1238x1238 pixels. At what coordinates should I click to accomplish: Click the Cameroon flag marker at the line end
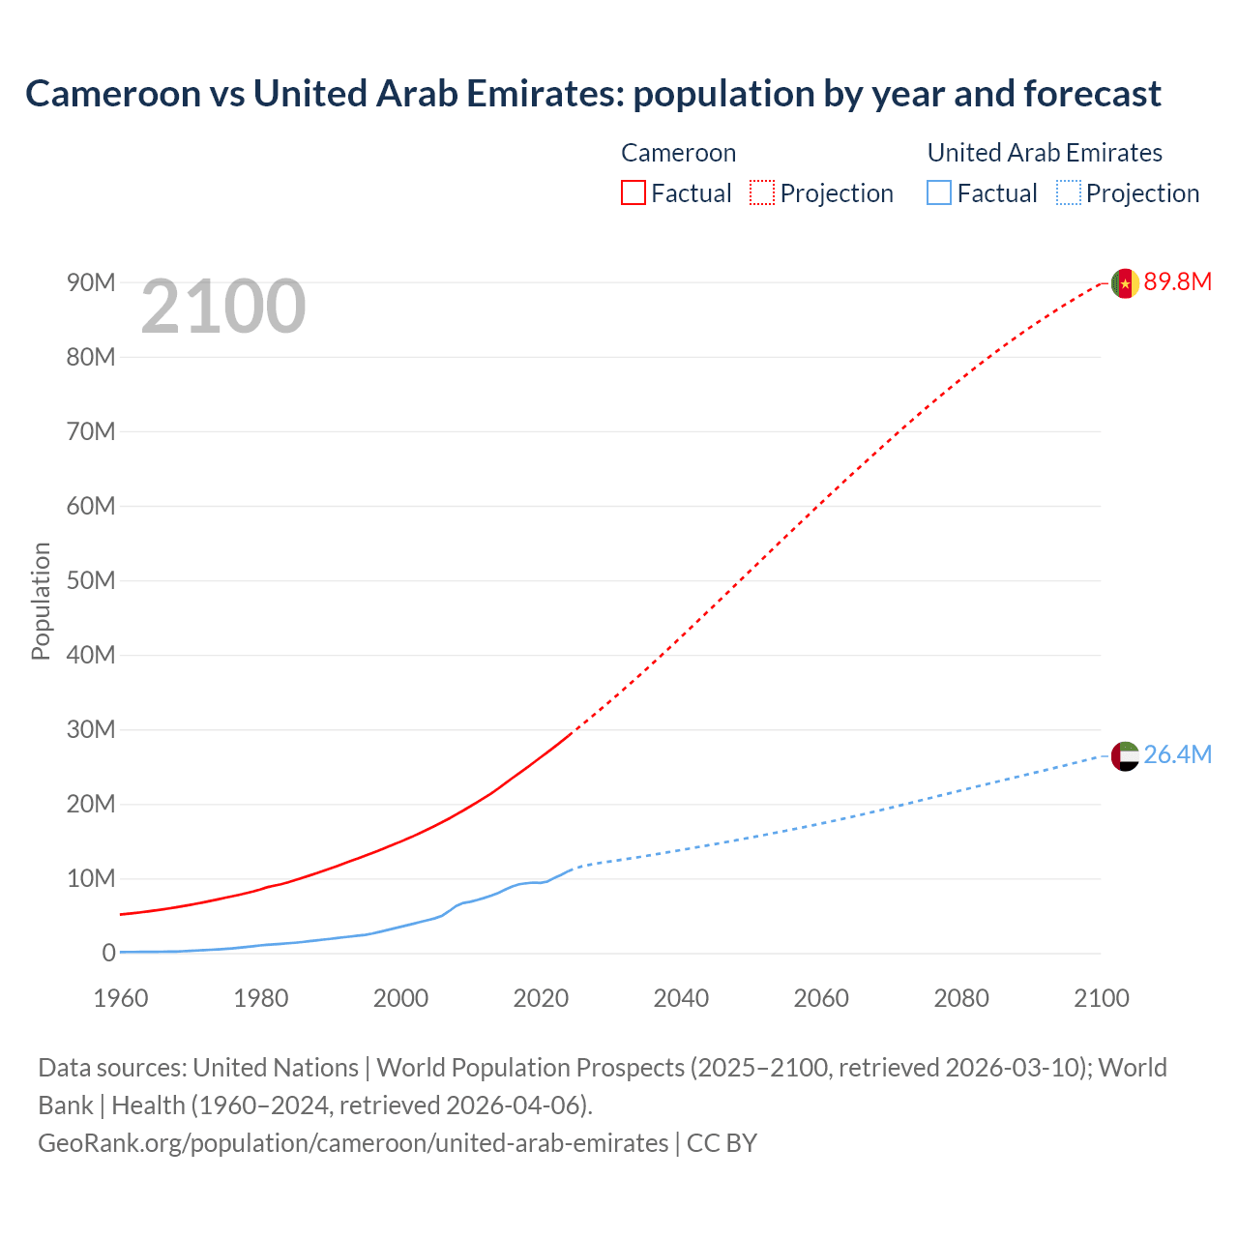pos(1125,283)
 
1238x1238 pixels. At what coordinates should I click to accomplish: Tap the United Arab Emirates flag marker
pos(1125,756)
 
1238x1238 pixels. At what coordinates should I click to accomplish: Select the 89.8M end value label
pos(1177,282)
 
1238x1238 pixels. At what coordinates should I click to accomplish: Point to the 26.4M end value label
pos(1177,755)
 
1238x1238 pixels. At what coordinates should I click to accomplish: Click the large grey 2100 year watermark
pos(223,308)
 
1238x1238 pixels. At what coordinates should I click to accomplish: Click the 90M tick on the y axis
pos(91,282)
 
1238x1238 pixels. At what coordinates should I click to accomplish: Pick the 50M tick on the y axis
pos(91,580)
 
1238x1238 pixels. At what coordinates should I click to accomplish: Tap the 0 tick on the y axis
pos(108,954)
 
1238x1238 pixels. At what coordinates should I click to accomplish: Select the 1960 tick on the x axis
pos(121,998)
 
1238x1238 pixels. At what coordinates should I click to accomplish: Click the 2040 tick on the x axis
pos(681,998)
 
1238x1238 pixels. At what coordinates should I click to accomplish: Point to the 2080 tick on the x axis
pos(961,998)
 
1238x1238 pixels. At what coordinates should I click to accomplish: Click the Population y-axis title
pos(41,601)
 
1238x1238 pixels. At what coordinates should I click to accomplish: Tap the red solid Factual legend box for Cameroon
pos(633,193)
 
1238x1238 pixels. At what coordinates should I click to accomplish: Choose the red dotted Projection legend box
pos(762,193)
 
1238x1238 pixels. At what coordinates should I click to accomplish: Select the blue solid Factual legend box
pos(939,193)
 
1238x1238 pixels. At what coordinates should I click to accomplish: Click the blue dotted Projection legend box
pos(1069,193)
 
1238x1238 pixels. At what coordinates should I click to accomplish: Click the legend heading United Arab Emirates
pos(1045,153)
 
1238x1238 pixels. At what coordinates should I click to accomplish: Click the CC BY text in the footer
pos(722,1143)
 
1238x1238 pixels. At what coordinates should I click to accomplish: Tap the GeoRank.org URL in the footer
pos(353,1143)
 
